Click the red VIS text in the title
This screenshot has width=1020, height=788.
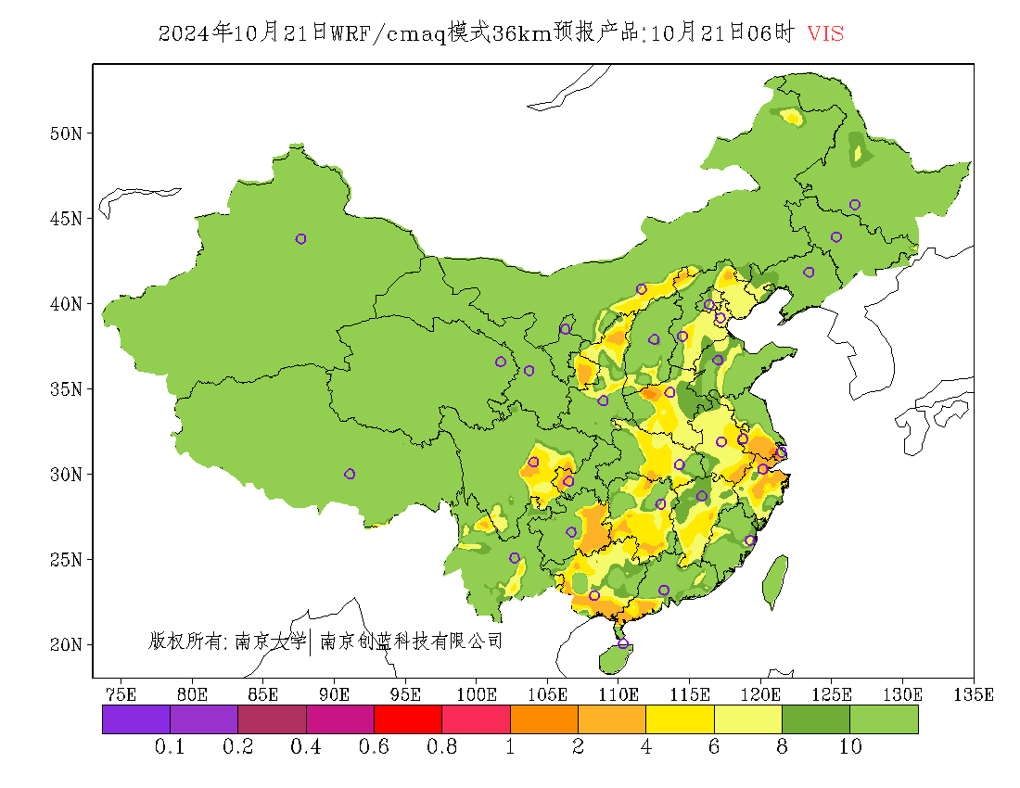[825, 33]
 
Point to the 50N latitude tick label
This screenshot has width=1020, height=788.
[65, 133]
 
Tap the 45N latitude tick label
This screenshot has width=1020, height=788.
[65, 219]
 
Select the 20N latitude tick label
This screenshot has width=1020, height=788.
[65, 644]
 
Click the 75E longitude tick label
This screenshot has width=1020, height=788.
[121, 694]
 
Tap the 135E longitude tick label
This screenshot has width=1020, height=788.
[975, 694]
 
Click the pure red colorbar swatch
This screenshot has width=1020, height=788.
[407, 719]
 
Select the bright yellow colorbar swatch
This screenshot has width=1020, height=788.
[680, 719]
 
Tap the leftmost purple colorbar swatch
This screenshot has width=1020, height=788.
[135, 719]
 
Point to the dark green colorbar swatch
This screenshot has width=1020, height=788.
[816, 719]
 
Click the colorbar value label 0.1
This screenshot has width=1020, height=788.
[170, 747]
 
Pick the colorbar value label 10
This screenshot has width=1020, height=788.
[850, 747]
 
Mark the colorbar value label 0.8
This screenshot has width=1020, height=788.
[441, 747]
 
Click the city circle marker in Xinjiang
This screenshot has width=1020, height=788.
[300, 239]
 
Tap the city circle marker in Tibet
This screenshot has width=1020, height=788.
[350, 474]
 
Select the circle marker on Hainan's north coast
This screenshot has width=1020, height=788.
[622, 643]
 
